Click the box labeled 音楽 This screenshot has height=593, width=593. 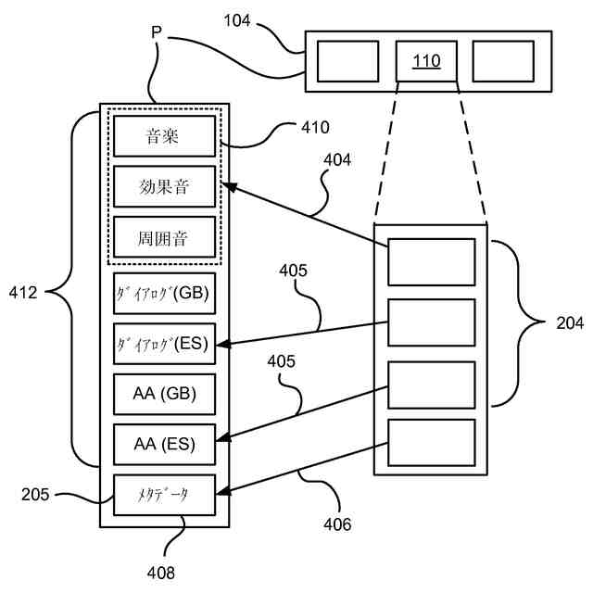(x=165, y=138)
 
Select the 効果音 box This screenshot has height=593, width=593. (x=165, y=188)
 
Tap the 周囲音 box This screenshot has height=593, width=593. (x=165, y=238)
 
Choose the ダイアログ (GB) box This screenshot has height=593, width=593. (x=164, y=294)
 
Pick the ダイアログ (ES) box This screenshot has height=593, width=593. (x=164, y=344)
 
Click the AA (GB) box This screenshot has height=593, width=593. (x=164, y=394)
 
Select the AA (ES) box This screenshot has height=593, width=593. (x=164, y=444)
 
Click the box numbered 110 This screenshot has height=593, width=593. (x=426, y=61)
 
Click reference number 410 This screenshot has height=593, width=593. (x=314, y=127)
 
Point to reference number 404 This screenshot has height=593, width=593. (x=337, y=159)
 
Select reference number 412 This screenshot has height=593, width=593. (x=23, y=294)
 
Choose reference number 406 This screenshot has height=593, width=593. (x=337, y=525)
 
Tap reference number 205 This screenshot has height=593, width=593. (x=36, y=494)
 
